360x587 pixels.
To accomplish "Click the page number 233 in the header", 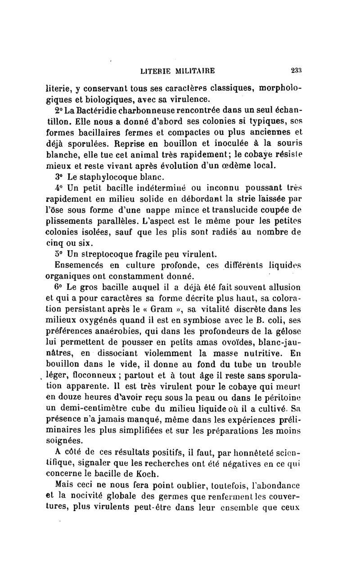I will point(296,70).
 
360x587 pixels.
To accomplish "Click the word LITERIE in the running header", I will point(156,70).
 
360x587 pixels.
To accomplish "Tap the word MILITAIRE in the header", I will point(195,70).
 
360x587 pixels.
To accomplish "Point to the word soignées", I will point(64,441).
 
